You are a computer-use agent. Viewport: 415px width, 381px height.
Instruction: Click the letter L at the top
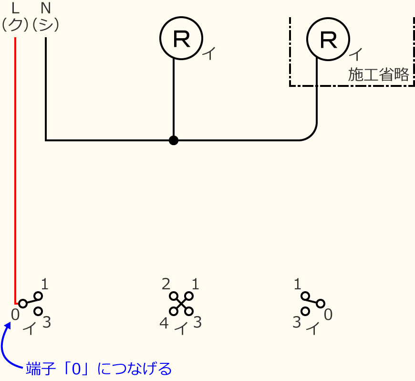(x=15, y=8)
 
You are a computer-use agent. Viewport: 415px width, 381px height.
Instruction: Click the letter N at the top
(x=46, y=8)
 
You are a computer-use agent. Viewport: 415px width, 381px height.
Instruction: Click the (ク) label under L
(x=15, y=25)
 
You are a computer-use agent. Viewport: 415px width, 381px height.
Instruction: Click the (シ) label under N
(x=46, y=25)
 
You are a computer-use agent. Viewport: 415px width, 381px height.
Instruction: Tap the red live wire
(x=15, y=167)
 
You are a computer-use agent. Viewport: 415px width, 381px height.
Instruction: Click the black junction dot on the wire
(x=174, y=140)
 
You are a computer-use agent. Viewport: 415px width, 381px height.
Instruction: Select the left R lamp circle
(x=181, y=38)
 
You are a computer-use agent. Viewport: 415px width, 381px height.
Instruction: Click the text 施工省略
(x=378, y=75)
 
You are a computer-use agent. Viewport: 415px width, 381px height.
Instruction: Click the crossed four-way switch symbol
(x=181, y=303)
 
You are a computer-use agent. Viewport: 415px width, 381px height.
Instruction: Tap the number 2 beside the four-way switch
(x=166, y=285)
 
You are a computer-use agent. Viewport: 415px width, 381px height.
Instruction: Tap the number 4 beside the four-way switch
(x=164, y=323)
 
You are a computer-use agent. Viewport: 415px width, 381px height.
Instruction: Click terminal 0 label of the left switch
(x=15, y=314)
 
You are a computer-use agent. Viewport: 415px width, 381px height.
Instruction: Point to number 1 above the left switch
(x=45, y=285)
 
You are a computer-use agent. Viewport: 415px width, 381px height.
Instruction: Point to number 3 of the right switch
(x=297, y=323)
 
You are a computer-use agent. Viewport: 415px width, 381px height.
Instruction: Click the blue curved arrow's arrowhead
(x=8, y=326)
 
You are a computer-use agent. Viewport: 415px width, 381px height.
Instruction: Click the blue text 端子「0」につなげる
(x=98, y=369)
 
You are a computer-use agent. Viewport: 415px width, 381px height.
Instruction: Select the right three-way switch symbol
(x=312, y=303)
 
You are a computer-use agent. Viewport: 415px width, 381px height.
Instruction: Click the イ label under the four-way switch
(x=181, y=328)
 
